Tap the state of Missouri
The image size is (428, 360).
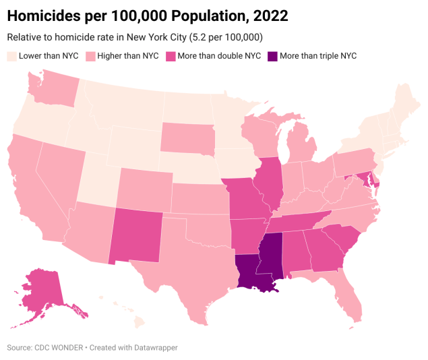[x=245, y=198]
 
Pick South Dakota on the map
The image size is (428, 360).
[x=187, y=138]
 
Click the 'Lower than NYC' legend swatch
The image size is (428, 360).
[x=11, y=56]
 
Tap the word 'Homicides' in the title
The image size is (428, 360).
[x=44, y=15]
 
